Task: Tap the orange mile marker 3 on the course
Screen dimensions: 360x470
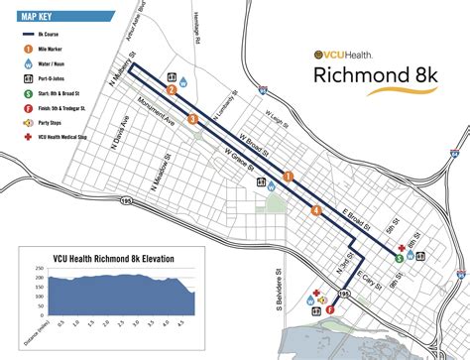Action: click(x=193, y=119)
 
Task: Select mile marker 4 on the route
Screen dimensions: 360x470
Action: click(x=315, y=209)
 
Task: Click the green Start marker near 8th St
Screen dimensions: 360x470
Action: click(x=398, y=257)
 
